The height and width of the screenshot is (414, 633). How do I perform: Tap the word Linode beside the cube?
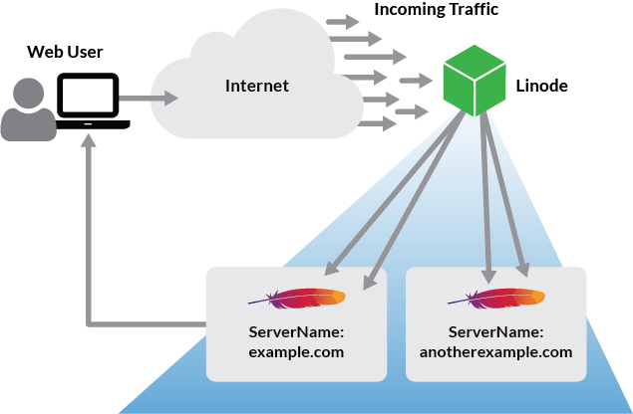click(542, 87)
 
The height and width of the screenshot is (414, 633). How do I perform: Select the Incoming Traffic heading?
click(436, 10)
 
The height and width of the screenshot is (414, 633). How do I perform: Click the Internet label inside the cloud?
click(256, 87)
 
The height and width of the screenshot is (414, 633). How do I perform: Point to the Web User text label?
click(65, 52)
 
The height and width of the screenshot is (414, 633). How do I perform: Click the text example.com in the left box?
click(296, 351)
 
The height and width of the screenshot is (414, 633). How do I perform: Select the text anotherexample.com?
click(495, 351)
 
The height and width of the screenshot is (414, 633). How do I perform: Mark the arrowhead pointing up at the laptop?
click(92, 142)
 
